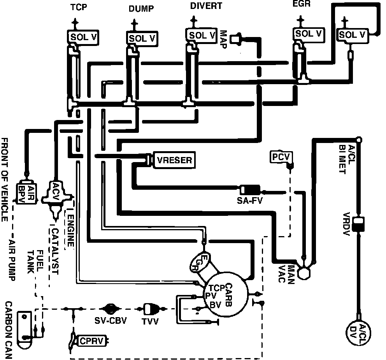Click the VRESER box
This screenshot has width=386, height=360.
pos(174,160)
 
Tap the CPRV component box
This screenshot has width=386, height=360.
pos(91,341)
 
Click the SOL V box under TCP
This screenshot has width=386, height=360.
pos(83,37)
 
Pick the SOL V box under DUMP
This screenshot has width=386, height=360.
pos(142,38)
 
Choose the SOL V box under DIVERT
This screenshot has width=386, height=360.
pos(202,35)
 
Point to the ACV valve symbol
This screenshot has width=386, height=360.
pos(56,193)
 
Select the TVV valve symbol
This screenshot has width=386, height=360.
pos(150,309)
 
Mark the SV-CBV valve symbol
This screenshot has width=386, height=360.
pos(110,309)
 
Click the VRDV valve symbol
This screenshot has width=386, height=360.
pos(358,223)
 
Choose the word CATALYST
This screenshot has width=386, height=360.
pos(54,251)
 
